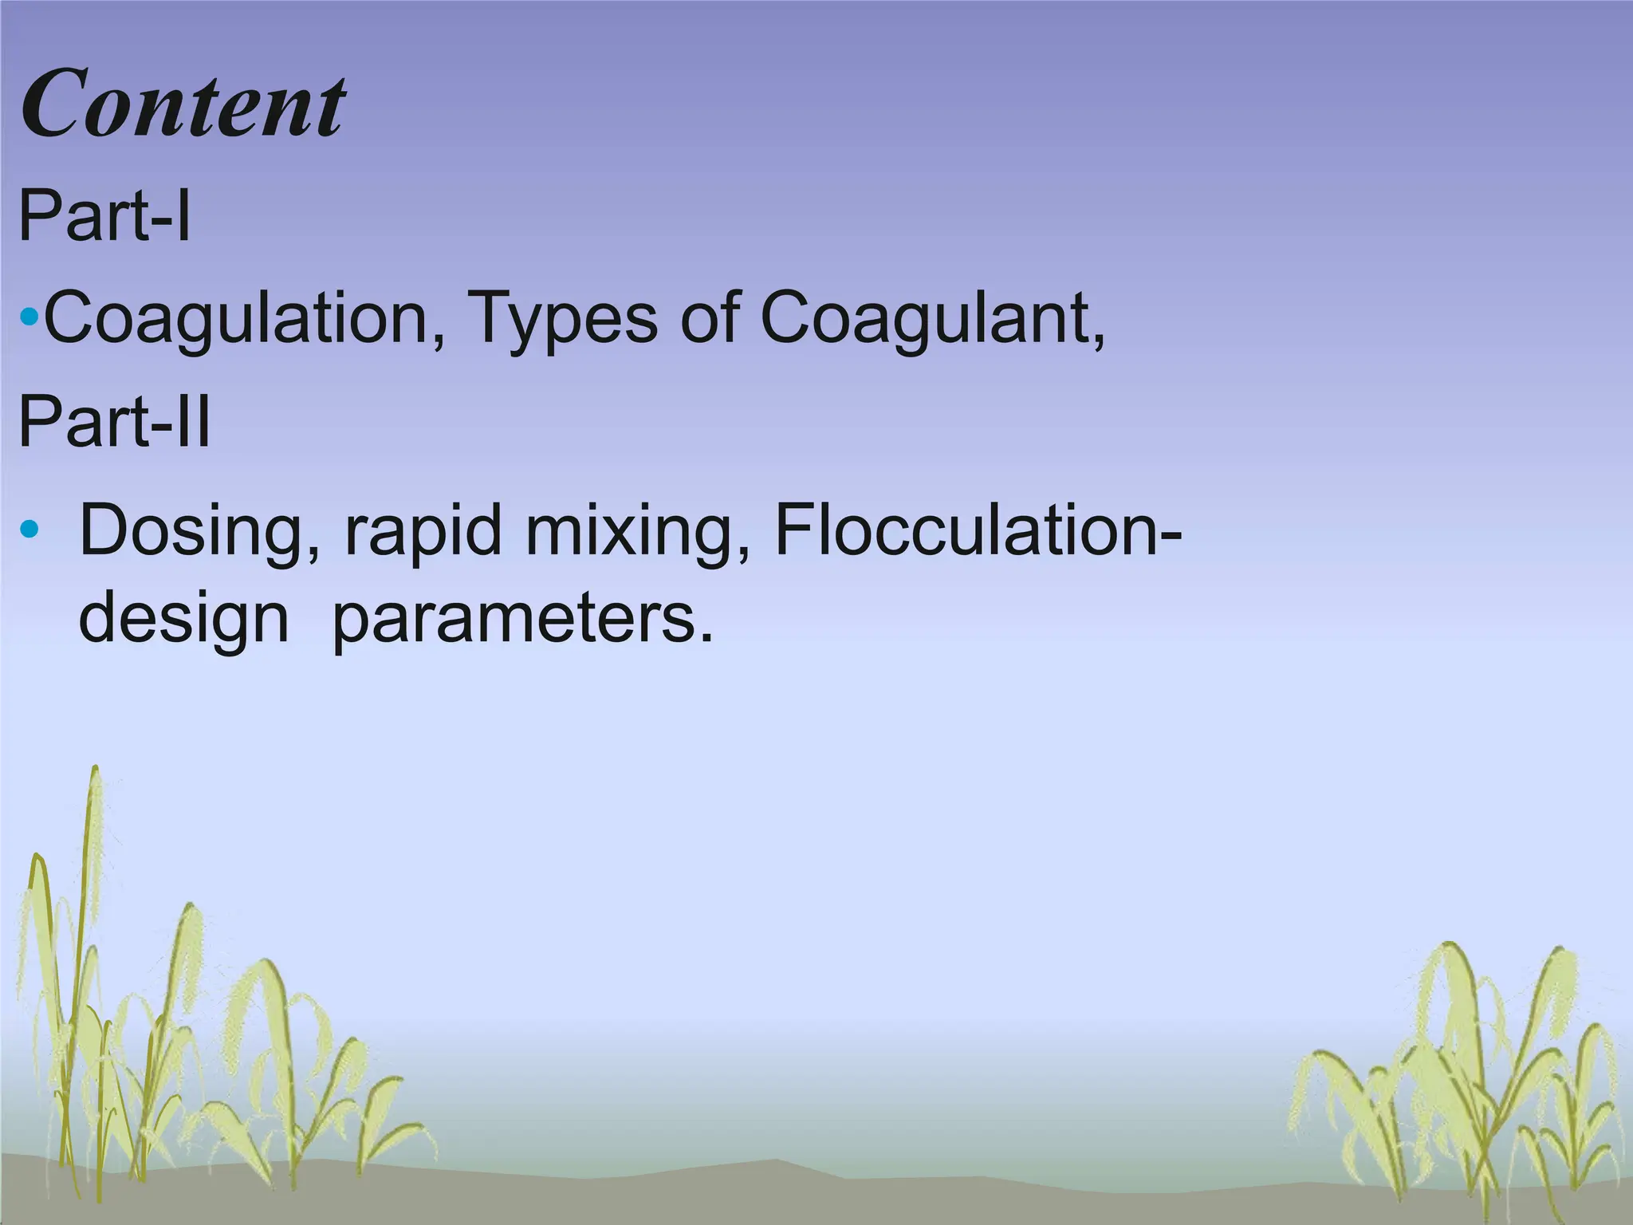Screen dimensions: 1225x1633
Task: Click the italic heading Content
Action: tap(183, 104)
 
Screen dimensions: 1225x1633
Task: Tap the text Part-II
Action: tap(114, 422)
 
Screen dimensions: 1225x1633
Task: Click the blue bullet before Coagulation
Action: tap(29, 318)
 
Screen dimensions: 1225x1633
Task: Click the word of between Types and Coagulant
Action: tap(709, 319)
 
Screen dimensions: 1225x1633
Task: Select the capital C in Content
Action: tap(56, 104)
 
